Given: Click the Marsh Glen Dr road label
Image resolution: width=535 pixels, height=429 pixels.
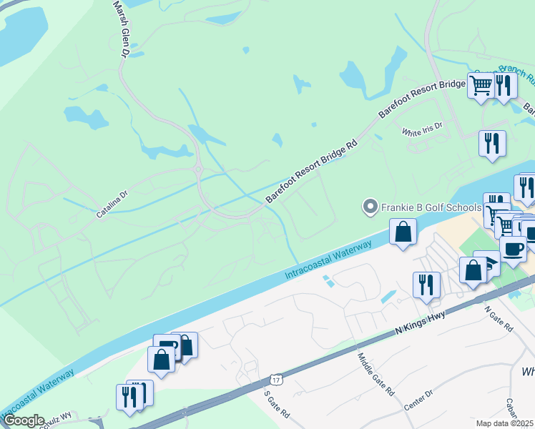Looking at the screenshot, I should pos(121,29).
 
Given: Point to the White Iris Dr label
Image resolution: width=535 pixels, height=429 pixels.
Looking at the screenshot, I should pos(422,129).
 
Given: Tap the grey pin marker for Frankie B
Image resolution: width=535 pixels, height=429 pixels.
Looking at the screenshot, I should pos(370,207).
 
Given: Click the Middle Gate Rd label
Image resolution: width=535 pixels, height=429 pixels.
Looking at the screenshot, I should pos(376,376).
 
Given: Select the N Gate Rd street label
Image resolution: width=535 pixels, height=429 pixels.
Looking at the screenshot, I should pos(499,318).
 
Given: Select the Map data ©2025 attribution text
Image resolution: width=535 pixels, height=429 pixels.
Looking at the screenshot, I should pos(505,423).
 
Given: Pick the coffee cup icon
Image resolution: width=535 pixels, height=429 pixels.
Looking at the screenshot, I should pos(512,249).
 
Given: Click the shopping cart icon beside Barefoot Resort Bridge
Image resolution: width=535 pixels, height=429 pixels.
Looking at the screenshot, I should pos(481,85).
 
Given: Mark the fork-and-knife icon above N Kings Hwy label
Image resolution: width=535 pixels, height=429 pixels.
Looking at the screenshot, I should pos(426,284).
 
